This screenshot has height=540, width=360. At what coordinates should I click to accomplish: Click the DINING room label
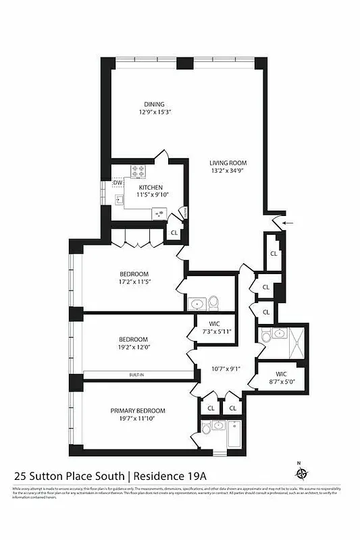pyautogui.click(x=153, y=104)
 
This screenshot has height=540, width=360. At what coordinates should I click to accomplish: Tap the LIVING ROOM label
pyautogui.click(x=228, y=163)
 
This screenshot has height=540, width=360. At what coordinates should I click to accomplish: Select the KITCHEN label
pyautogui.click(x=151, y=187)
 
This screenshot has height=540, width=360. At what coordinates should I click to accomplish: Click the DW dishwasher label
pyautogui.click(x=118, y=183)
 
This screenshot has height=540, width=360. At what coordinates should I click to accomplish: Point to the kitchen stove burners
pyautogui.click(x=138, y=170)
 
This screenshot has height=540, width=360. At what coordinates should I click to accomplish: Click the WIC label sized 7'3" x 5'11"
pyautogui.click(x=215, y=324)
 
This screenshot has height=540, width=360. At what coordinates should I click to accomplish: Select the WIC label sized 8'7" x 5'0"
pyautogui.click(x=281, y=374)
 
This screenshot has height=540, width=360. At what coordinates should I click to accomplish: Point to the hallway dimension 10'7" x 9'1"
pyautogui.click(x=226, y=369)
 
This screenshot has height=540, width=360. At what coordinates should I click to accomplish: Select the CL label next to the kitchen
pyautogui.click(x=174, y=233)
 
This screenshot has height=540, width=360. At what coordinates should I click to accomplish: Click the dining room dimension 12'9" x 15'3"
pyautogui.click(x=153, y=113)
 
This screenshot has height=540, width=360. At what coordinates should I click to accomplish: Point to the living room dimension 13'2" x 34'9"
pyautogui.click(x=228, y=171)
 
